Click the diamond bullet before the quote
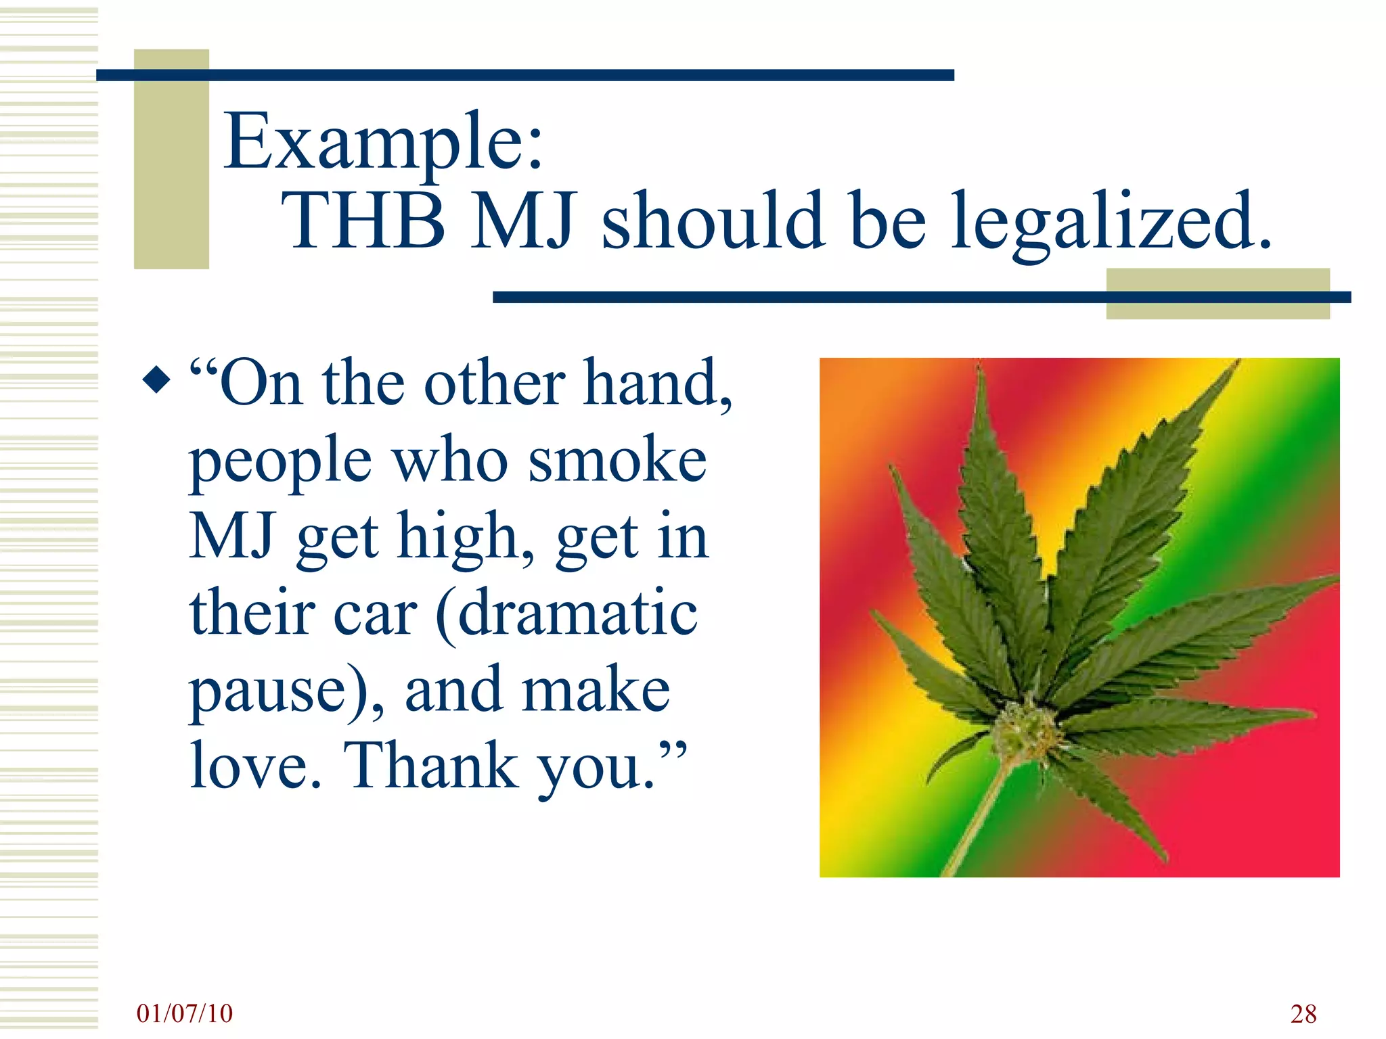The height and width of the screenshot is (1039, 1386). (x=157, y=379)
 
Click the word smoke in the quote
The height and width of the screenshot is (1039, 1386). (x=617, y=461)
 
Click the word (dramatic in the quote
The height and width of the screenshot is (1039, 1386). (x=566, y=614)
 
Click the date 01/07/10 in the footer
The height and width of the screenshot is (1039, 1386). (x=184, y=1013)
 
